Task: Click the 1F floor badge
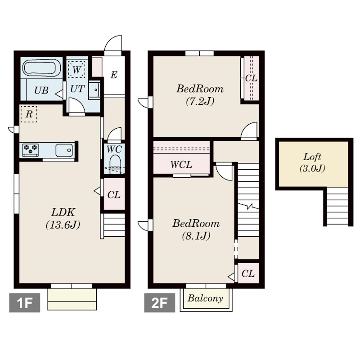click(25, 302)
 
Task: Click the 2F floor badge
click(160, 302)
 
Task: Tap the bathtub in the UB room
click(41, 68)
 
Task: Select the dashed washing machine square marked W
click(76, 69)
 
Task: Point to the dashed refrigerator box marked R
click(29, 114)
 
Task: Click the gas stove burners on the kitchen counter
click(31, 150)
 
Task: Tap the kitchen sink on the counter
click(64, 150)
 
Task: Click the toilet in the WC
click(115, 163)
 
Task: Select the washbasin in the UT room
click(94, 90)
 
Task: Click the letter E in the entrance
click(114, 75)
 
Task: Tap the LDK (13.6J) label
click(63, 218)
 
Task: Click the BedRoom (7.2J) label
click(200, 95)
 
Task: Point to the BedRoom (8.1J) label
click(196, 229)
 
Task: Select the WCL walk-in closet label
click(181, 165)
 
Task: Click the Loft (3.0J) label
click(312, 162)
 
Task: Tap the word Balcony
click(206, 298)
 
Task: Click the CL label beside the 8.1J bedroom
click(248, 274)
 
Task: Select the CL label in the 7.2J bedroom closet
click(252, 78)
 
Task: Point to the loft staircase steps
click(337, 207)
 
